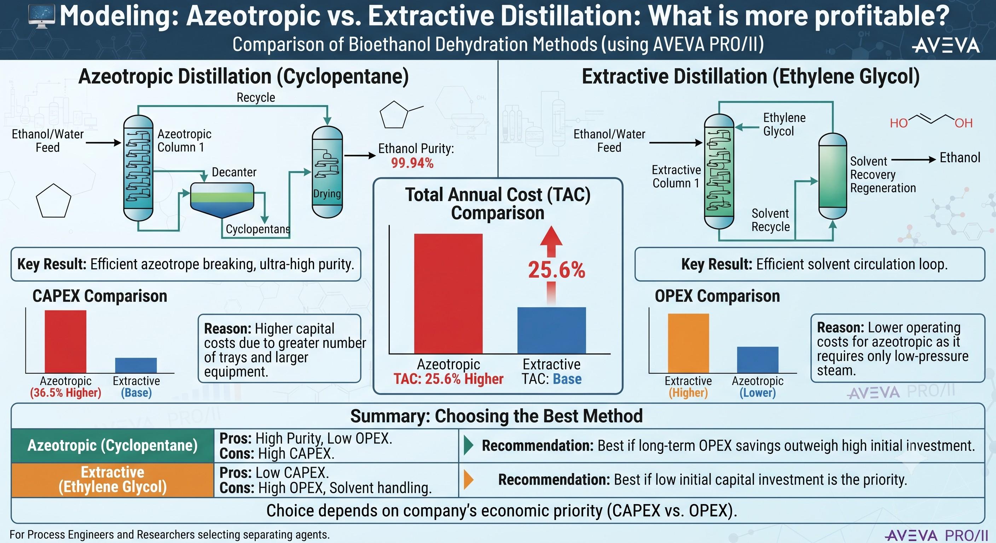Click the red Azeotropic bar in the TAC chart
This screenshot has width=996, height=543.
pos(448,293)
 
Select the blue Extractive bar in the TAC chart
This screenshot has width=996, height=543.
pos(551,331)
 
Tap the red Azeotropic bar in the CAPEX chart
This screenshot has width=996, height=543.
pos(65,341)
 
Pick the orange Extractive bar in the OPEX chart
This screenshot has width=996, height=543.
pos(688,343)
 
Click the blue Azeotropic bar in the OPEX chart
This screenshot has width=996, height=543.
pos(758,360)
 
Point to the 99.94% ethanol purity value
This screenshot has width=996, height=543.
pos(412,163)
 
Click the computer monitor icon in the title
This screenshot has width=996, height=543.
pos(42,16)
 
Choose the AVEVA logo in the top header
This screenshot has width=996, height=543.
pos(946,46)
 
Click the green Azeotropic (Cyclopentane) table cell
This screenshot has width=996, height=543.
pos(112,446)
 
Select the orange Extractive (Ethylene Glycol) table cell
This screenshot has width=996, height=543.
pos(112,480)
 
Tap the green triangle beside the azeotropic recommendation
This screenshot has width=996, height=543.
pos(468,446)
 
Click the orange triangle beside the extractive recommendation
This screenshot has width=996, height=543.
pos(468,480)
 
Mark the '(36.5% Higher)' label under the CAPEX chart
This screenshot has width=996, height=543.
pos(65,393)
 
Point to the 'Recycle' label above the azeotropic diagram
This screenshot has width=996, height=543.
pos(256,97)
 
